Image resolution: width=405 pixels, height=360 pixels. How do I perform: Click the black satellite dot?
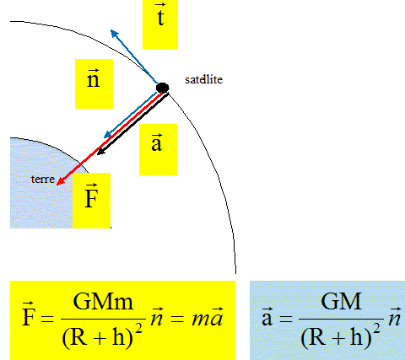pos(162,88)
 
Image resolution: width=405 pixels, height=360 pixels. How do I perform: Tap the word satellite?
pos(203,80)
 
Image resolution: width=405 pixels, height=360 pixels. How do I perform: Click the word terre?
pos(43,180)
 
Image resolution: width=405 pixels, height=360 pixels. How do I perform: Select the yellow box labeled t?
pos(160,24)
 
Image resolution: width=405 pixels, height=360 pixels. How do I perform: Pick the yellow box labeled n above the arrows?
pos(94,83)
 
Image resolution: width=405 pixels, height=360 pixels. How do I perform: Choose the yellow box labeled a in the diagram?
pos(158,149)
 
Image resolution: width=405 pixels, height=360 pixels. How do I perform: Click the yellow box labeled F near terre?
pos(91,201)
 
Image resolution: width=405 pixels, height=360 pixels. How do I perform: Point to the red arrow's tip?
pos(57,185)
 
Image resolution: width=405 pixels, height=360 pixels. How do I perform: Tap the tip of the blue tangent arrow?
pos(111,30)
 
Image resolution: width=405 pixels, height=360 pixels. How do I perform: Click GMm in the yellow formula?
pos(103,302)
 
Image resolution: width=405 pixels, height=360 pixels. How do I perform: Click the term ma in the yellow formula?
pos(208,318)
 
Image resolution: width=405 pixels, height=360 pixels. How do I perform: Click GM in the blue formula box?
pos(341,302)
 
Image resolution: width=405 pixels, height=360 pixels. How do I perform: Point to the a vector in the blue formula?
pos(267,318)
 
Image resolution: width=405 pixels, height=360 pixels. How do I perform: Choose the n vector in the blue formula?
pos(395,317)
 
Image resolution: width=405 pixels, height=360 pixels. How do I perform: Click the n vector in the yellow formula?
pos(157,317)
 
